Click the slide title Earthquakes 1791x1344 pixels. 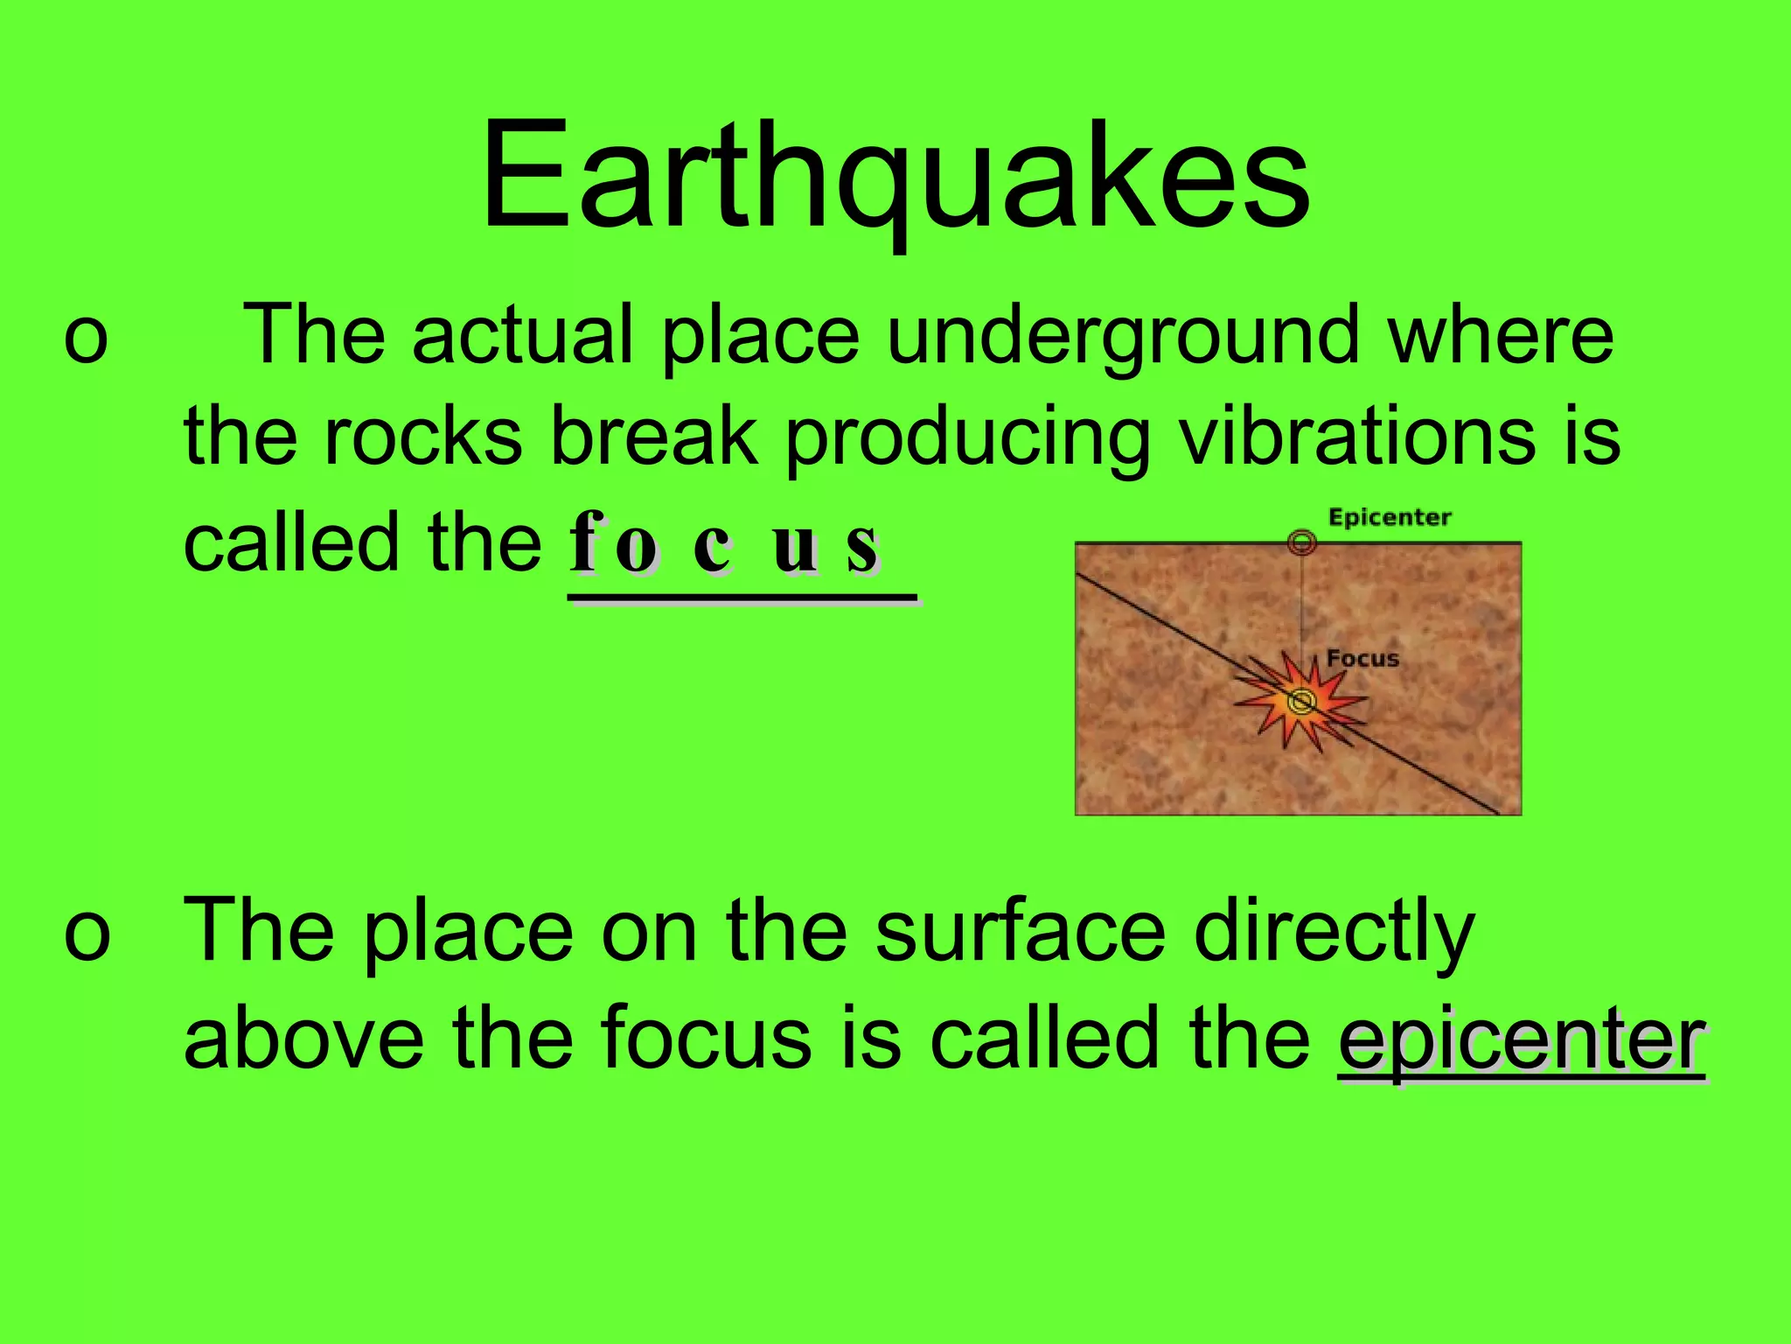coord(895,179)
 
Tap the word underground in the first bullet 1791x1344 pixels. coord(1124,337)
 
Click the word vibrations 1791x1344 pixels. coord(1355,437)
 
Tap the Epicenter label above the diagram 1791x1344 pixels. coord(1390,518)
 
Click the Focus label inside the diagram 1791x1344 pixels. coord(1362,659)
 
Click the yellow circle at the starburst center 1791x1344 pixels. coord(1301,701)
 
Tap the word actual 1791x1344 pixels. coord(522,337)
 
